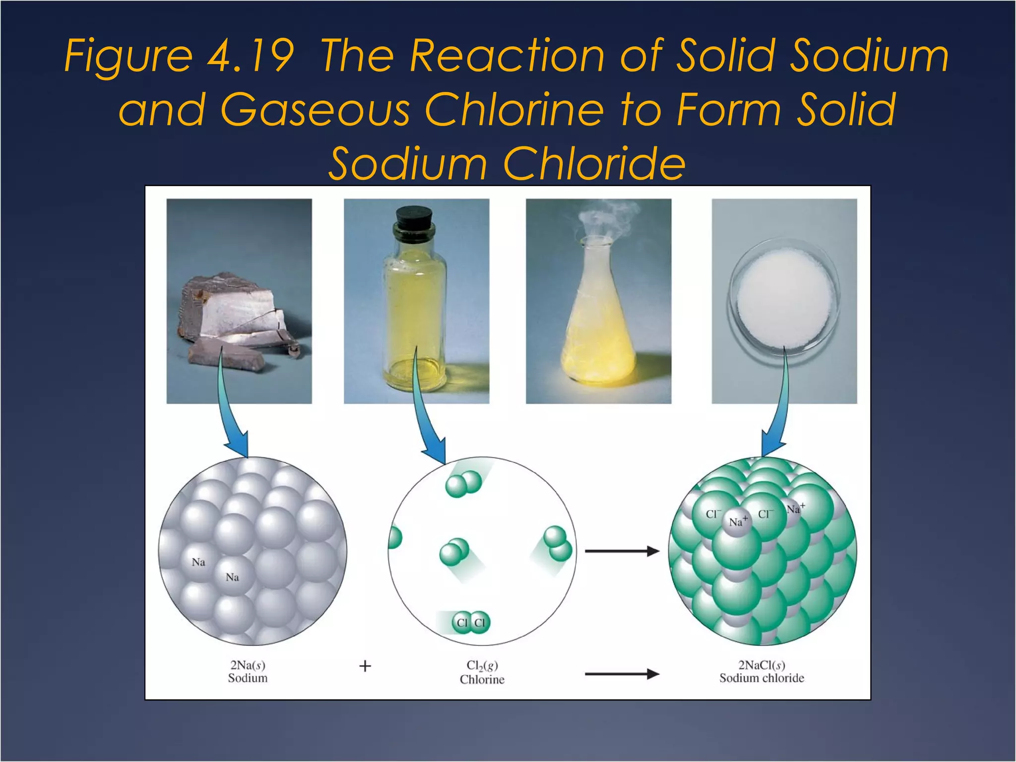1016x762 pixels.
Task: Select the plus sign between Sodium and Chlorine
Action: click(365, 666)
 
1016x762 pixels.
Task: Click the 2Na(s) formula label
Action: click(248, 665)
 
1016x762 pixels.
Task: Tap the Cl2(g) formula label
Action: click(482, 665)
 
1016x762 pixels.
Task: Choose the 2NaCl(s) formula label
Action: click(762, 665)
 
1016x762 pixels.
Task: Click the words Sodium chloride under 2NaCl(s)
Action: click(762, 678)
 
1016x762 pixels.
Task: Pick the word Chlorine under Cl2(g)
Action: click(482, 679)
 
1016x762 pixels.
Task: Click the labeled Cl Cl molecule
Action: click(471, 623)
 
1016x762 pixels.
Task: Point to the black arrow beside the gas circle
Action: click(622, 551)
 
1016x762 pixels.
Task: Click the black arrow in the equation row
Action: click(622, 674)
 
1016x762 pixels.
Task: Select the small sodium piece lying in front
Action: click(226, 355)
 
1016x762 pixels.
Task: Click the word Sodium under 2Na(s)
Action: click(248, 678)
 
